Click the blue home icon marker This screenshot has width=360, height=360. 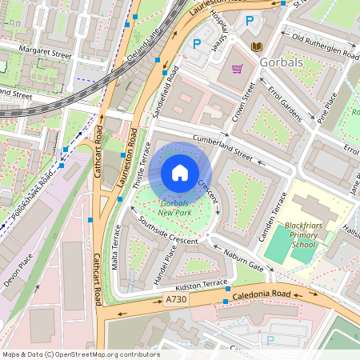tap(180, 172)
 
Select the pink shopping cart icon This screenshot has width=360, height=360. tap(237, 68)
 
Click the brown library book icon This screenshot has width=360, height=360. tap(256, 47)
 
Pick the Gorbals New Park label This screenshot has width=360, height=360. tap(174, 208)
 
